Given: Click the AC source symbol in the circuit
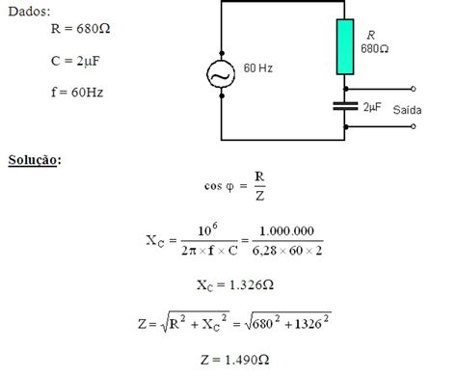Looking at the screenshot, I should pos(223,75).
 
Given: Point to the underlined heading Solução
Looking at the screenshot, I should pos(33,158).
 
